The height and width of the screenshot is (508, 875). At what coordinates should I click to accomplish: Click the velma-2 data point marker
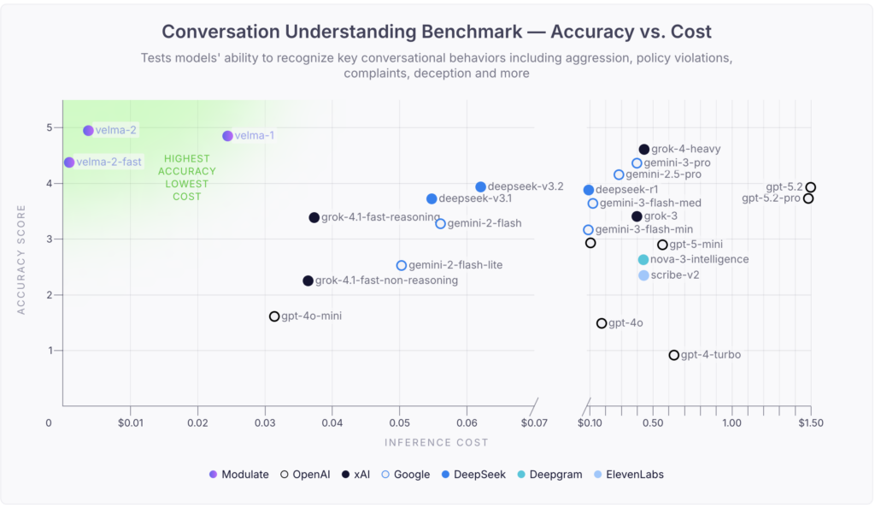point(88,131)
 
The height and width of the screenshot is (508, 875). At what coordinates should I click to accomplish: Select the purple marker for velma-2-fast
point(69,162)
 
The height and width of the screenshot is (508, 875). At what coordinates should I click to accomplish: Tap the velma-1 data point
point(227,136)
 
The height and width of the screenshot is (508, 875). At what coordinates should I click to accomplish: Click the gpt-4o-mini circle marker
point(274,316)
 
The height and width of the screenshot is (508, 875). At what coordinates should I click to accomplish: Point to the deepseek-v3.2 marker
point(480,187)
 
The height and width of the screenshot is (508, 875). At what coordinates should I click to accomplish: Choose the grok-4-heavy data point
point(644,150)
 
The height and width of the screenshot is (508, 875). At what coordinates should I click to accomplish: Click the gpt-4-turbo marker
point(674,355)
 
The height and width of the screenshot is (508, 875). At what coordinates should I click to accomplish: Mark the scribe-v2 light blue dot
point(643,275)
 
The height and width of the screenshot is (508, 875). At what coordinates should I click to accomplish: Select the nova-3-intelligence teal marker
point(643,260)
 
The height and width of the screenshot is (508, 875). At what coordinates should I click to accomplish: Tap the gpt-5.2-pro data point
point(808,198)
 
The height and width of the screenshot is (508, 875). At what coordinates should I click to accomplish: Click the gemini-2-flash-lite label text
point(455,265)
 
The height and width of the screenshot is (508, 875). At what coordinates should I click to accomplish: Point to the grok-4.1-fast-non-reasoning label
point(386,281)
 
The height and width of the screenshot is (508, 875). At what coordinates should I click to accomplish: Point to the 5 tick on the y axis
point(50,128)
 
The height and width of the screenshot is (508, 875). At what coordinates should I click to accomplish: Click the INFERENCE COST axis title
point(436,443)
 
